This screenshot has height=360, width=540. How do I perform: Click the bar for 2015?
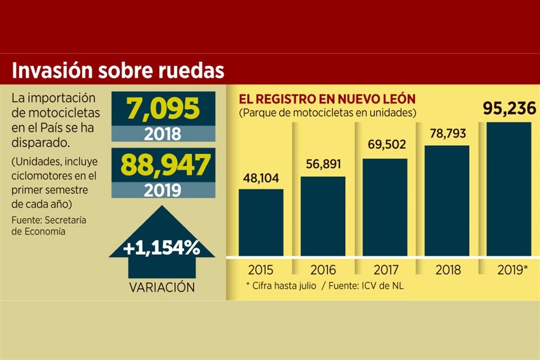click(x=261, y=222)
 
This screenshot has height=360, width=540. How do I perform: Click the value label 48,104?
click(x=261, y=179)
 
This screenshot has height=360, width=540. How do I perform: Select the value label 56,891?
click(x=323, y=166)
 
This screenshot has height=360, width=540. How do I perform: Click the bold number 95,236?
click(x=508, y=109)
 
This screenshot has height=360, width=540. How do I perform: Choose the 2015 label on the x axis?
click(x=261, y=270)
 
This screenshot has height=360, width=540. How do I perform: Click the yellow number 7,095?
click(x=163, y=108)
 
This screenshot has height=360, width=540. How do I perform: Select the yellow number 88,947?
click(x=163, y=165)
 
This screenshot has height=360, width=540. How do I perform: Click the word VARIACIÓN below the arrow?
click(x=162, y=287)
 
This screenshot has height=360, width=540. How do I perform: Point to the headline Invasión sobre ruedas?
click(x=118, y=70)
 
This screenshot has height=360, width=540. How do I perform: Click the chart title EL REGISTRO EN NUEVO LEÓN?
click(x=327, y=100)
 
